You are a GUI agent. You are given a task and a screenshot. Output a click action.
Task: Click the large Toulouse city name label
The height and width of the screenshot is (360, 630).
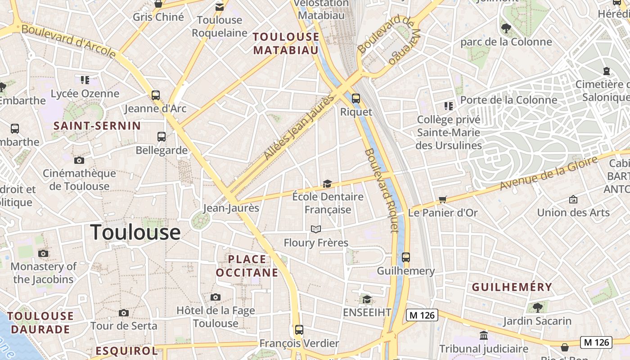[135, 232]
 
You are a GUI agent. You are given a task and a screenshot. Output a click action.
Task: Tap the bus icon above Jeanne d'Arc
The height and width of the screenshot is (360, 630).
[156, 95]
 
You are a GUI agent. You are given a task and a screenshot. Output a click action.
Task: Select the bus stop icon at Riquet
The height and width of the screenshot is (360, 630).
[356, 98]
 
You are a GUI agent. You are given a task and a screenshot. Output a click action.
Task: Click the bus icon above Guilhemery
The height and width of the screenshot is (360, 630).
[406, 257]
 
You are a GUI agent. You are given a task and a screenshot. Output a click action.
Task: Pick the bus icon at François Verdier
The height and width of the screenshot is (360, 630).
[299, 329]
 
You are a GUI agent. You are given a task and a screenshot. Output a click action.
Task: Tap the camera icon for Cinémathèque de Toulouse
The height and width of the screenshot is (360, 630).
[79, 160]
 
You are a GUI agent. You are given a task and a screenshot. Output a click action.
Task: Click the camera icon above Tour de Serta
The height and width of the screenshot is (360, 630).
[124, 313]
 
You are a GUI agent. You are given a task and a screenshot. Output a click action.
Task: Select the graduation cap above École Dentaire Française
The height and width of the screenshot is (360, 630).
[327, 184]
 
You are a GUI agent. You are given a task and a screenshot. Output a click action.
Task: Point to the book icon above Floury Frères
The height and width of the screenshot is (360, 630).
[316, 229]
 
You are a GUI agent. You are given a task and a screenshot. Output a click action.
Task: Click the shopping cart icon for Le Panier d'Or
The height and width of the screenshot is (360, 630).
[443, 199]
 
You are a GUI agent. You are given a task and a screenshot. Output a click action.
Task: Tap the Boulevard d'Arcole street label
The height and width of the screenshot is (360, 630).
[68, 40]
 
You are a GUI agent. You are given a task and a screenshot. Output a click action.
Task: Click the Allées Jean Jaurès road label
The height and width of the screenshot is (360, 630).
[299, 127]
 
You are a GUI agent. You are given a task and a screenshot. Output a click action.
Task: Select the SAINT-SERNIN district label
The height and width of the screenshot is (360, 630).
[97, 126]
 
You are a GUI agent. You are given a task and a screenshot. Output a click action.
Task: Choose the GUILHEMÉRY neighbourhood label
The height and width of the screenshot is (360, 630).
[512, 287]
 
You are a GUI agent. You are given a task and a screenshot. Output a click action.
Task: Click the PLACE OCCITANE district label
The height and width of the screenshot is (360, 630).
[247, 266]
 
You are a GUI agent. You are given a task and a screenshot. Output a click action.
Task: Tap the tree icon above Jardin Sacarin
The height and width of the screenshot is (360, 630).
[537, 308]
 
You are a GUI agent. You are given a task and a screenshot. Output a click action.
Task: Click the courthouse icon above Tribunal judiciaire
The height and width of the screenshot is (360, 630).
[484, 336]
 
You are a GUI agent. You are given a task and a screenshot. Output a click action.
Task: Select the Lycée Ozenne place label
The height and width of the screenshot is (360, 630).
[85, 94]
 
